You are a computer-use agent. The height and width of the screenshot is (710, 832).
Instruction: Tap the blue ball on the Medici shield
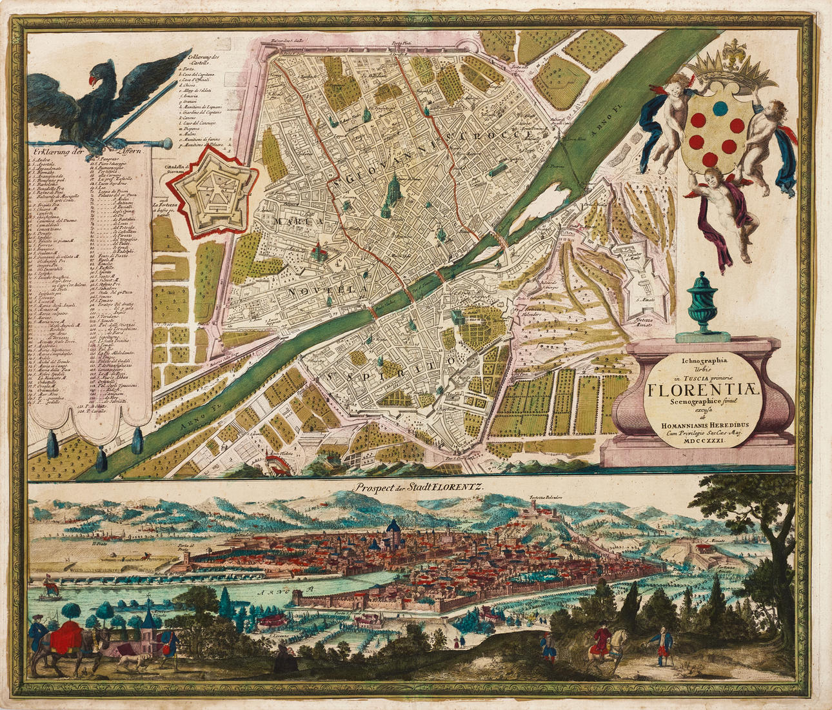click(720, 106)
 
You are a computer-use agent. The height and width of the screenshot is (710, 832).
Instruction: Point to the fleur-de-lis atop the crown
click(733, 50)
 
